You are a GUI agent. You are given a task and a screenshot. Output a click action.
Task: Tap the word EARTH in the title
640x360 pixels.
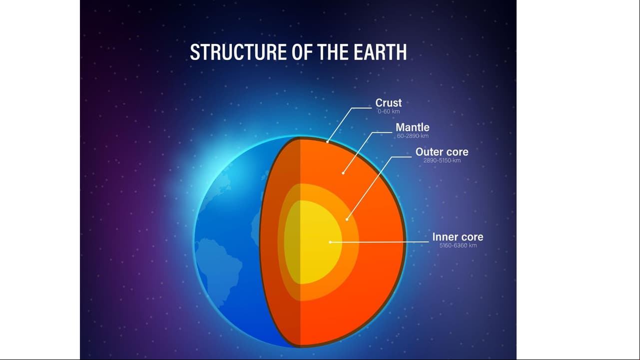380,52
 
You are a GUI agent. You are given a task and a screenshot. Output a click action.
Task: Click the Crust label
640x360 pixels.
388,103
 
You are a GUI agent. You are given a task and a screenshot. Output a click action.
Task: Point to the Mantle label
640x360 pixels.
412,127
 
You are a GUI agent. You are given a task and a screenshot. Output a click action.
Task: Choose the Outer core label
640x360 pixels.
442,152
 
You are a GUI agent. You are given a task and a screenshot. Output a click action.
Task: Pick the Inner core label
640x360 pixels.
458,237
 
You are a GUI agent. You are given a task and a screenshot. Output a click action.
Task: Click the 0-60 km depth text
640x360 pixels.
389,111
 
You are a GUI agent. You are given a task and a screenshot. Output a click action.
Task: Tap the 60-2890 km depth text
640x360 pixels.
413,136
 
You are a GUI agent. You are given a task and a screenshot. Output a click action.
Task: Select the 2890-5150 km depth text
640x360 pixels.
442,160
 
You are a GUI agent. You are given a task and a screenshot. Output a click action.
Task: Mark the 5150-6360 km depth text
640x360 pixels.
458,246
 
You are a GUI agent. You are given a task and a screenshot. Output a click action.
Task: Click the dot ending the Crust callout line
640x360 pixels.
327,142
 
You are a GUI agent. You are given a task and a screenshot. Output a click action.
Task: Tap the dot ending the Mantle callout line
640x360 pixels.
343,173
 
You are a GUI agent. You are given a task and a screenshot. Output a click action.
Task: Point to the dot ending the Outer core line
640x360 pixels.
347,219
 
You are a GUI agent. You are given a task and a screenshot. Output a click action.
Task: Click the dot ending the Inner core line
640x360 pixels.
330,242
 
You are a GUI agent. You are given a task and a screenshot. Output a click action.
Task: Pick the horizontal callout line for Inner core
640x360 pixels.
379,242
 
